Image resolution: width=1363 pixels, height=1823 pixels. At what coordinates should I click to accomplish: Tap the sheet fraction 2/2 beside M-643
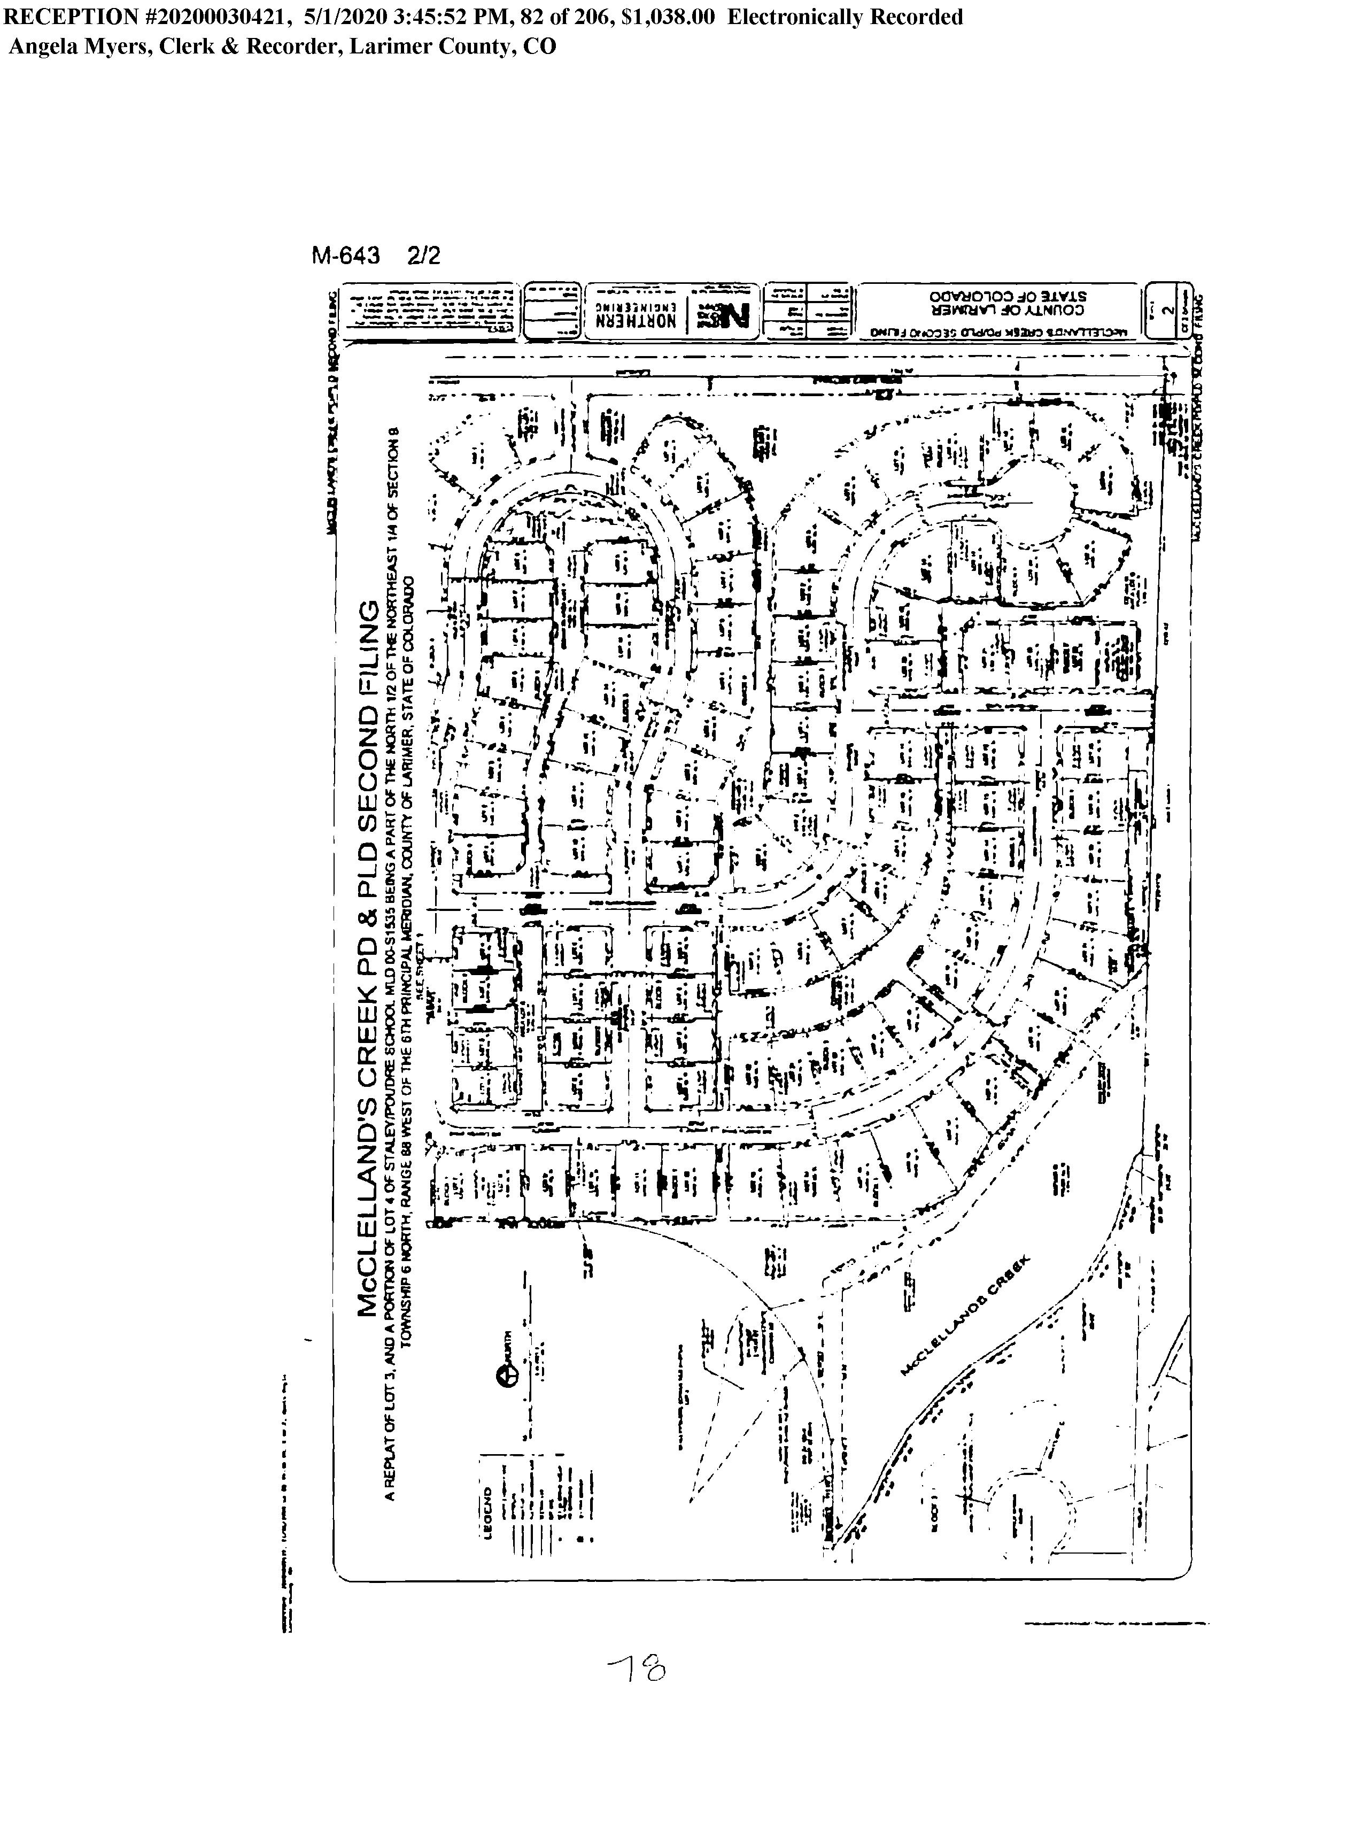(x=423, y=256)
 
